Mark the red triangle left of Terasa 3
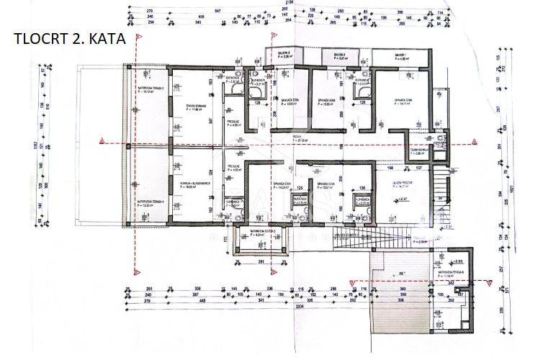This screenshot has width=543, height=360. [103, 140]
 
